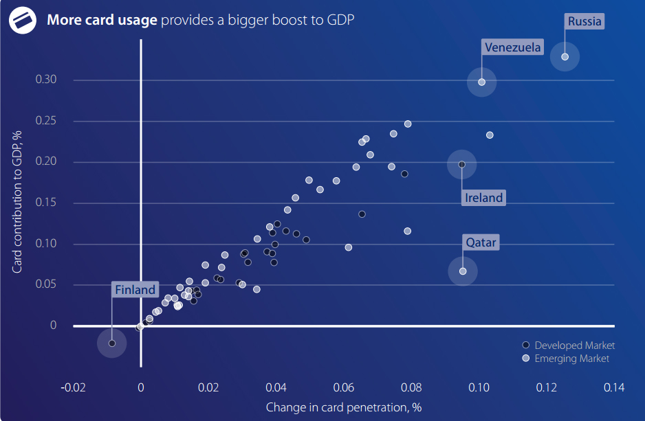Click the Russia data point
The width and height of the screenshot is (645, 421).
click(565, 57)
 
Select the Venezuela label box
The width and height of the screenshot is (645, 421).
click(512, 47)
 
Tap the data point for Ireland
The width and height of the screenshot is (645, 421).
click(461, 164)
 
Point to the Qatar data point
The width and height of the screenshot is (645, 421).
click(463, 271)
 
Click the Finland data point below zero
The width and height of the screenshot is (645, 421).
click(112, 343)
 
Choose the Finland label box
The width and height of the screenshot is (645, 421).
click(135, 290)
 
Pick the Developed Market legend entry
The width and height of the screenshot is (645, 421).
click(569, 345)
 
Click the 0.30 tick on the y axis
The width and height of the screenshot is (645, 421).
click(46, 80)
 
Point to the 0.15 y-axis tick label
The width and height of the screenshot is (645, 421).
click(46, 203)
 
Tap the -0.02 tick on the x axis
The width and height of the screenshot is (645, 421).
click(74, 388)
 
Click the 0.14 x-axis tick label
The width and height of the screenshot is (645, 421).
click(613, 388)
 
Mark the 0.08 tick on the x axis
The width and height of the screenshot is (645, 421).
click(411, 388)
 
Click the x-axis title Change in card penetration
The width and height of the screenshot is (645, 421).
click(344, 407)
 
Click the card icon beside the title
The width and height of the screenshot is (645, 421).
click(23, 20)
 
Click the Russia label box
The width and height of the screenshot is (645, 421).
click(584, 21)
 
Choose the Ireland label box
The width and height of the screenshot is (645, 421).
click(484, 198)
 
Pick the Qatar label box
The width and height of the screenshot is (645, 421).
click(481, 242)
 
